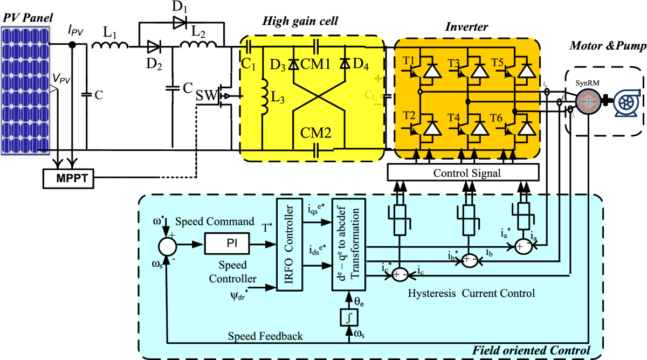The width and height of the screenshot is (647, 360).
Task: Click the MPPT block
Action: coord(69,178)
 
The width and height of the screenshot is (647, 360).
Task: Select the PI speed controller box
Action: coord(228,244)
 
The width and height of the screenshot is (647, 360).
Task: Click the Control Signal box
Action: coord(463,173)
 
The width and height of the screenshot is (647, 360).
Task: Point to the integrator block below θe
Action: coord(349,317)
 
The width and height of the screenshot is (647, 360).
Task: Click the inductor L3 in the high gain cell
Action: coord(264,97)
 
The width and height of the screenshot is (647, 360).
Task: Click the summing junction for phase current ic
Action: coord(400,273)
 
